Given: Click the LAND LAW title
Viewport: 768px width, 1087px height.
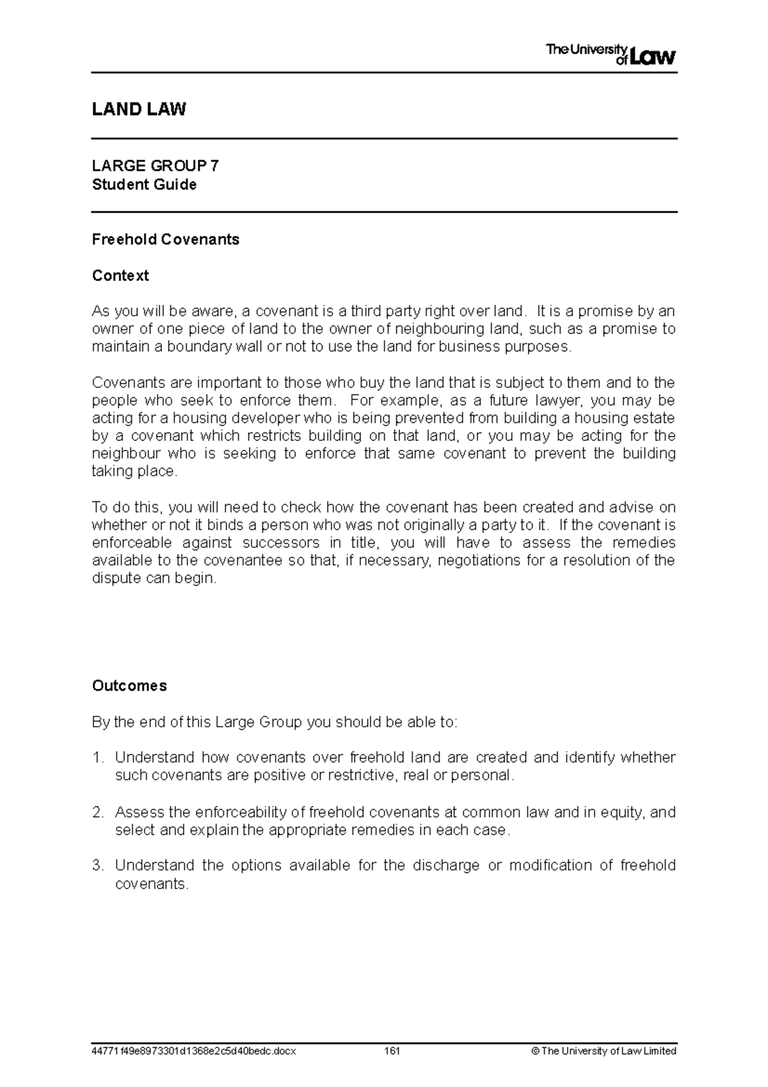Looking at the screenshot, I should (139, 109).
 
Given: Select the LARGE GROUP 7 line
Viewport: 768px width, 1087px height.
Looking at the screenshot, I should (156, 166).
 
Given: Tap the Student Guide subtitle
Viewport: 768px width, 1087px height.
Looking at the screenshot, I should (144, 185).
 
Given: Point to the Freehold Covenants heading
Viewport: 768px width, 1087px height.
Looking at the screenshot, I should (166, 239).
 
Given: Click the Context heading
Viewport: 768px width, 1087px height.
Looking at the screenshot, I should (120, 276).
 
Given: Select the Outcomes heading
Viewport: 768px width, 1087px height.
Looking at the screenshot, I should (129, 686).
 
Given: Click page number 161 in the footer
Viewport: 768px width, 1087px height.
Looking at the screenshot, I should (392, 1051).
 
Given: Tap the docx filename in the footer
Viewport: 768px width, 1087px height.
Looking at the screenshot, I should (194, 1051).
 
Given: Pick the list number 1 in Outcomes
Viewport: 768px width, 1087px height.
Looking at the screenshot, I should (97, 758).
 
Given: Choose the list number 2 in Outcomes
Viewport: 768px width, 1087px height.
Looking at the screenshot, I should (97, 813).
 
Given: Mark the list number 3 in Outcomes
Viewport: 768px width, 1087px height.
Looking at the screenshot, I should (97, 866).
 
